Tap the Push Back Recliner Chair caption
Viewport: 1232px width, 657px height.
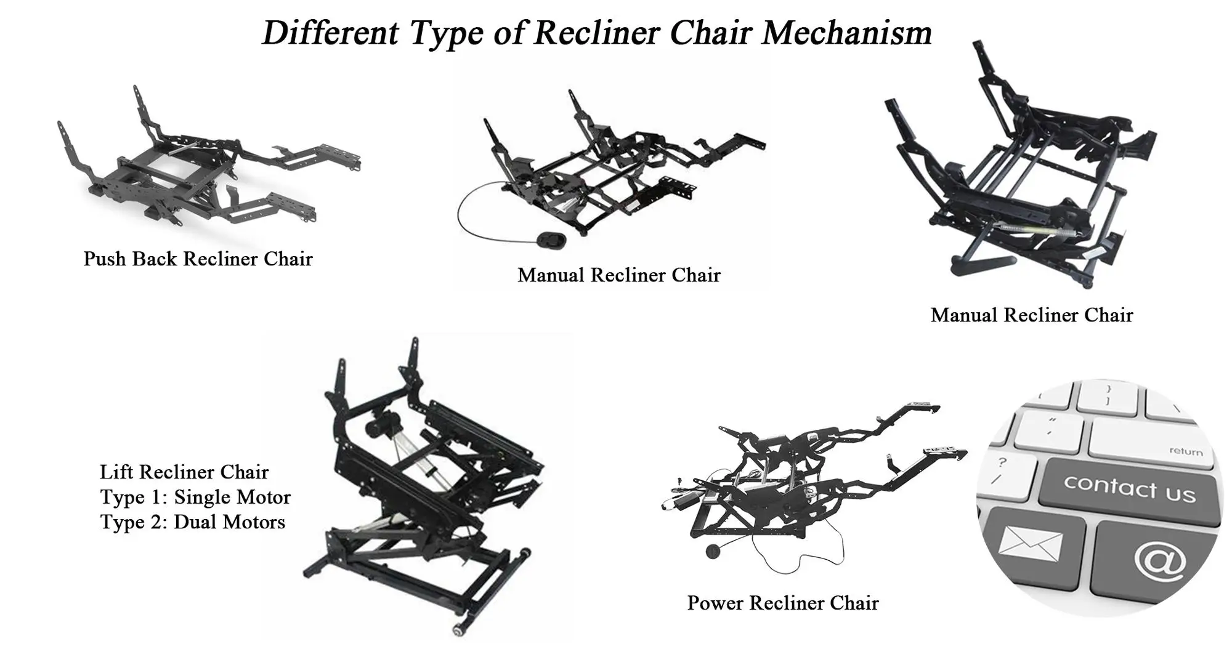click(198, 259)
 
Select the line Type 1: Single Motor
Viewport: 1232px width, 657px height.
click(195, 497)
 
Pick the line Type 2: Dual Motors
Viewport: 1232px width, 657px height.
click(193, 522)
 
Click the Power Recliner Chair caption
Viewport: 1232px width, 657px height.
click(782, 603)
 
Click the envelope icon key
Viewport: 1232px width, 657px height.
click(1030, 542)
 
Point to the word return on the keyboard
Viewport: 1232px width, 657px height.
click(1186, 451)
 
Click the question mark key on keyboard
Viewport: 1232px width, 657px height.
click(1002, 462)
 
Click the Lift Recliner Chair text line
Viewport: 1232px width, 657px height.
click(184, 472)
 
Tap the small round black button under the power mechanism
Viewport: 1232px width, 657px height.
click(713, 550)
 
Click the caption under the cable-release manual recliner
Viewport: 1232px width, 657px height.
click(618, 275)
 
